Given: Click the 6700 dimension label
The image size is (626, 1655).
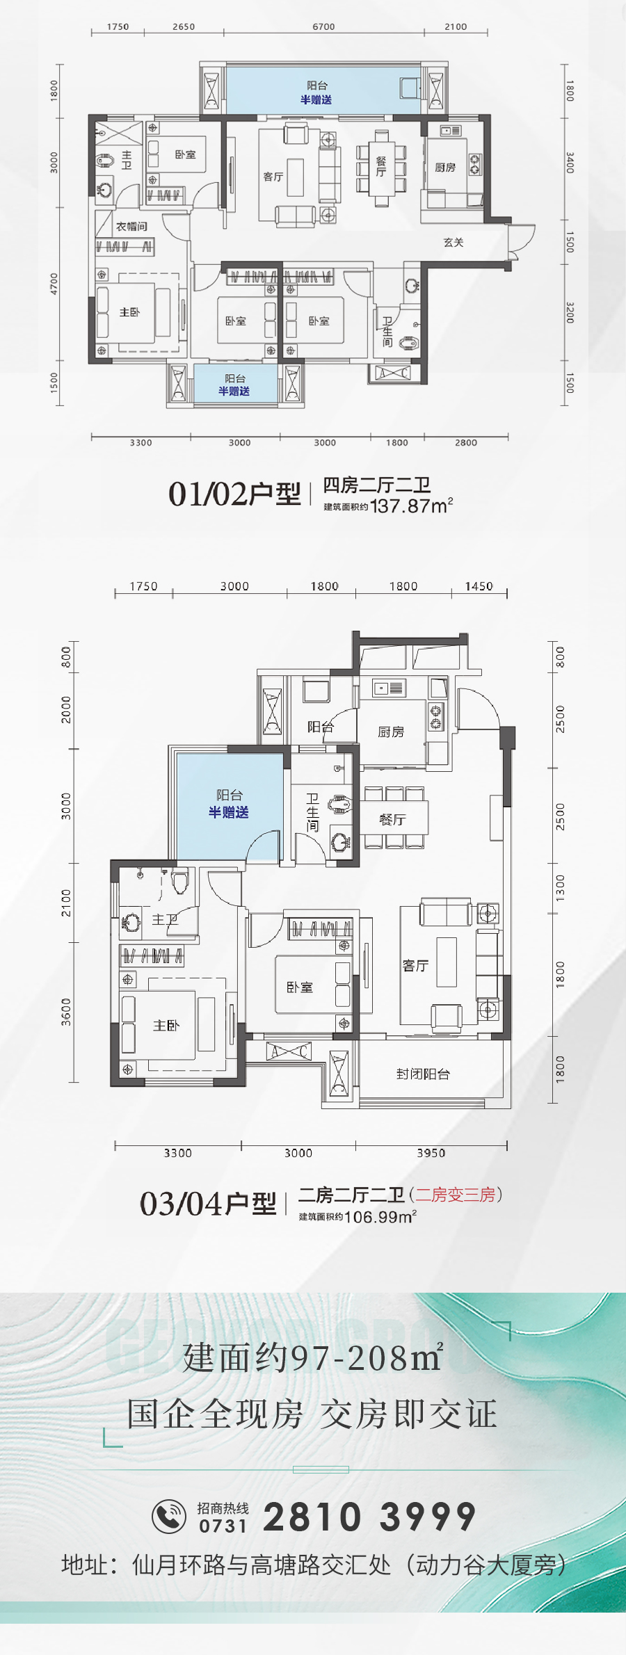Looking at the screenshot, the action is pos(323,27).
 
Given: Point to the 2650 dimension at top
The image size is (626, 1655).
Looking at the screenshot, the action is pos(184,27).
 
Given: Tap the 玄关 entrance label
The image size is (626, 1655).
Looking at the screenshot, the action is pos(454,242).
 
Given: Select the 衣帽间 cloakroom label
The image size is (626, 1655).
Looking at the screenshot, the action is pos(131,227).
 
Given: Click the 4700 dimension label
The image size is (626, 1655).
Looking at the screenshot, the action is pos(54,284).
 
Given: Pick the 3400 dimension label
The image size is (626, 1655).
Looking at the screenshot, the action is pos(570,163).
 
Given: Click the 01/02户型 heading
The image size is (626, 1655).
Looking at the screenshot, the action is pos(234,494).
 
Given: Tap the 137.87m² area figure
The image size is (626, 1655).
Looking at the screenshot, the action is pos(412,506).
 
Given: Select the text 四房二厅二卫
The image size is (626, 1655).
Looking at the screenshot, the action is pos(376,485).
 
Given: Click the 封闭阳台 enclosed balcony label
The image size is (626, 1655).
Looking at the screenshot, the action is pos(423,1074).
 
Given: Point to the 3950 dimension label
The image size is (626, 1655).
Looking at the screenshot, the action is pos(431,1153).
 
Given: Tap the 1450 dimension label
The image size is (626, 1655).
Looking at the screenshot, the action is pos(479,586).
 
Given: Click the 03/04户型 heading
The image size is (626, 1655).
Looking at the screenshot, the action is pos(208,1204).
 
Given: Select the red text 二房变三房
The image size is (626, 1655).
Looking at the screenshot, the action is pos(455,1195).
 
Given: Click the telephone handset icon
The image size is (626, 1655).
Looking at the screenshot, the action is pos(169,1516).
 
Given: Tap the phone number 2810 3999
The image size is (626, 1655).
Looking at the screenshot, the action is pos(369,1517).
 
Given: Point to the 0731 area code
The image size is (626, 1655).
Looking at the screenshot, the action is pos(223,1526).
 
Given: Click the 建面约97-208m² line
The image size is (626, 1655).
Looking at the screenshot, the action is pos(313,1357).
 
